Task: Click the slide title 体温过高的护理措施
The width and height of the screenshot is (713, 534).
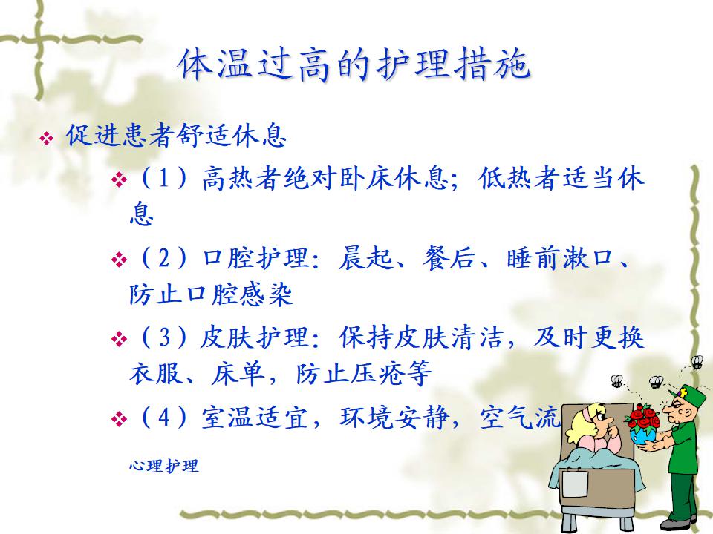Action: (354, 65)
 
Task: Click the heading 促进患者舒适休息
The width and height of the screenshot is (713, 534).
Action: (176, 136)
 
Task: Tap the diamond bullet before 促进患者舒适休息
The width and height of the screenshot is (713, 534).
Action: (47, 138)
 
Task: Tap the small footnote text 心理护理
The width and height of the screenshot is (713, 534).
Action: (163, 466)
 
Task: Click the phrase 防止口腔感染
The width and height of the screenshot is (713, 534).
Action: (210, 294)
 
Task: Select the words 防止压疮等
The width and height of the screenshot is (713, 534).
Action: (363, 374)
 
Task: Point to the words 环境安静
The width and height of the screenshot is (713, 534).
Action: (394, 418)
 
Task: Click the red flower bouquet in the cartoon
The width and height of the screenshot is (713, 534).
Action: (642, 418)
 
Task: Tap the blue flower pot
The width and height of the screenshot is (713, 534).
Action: (643, 437)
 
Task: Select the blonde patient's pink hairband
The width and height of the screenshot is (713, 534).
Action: (590, 413)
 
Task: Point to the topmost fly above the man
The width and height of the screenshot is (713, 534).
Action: (697, 363)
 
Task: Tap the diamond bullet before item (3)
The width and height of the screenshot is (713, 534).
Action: (119, 339)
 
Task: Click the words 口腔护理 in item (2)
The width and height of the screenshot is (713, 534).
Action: (255, 258)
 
